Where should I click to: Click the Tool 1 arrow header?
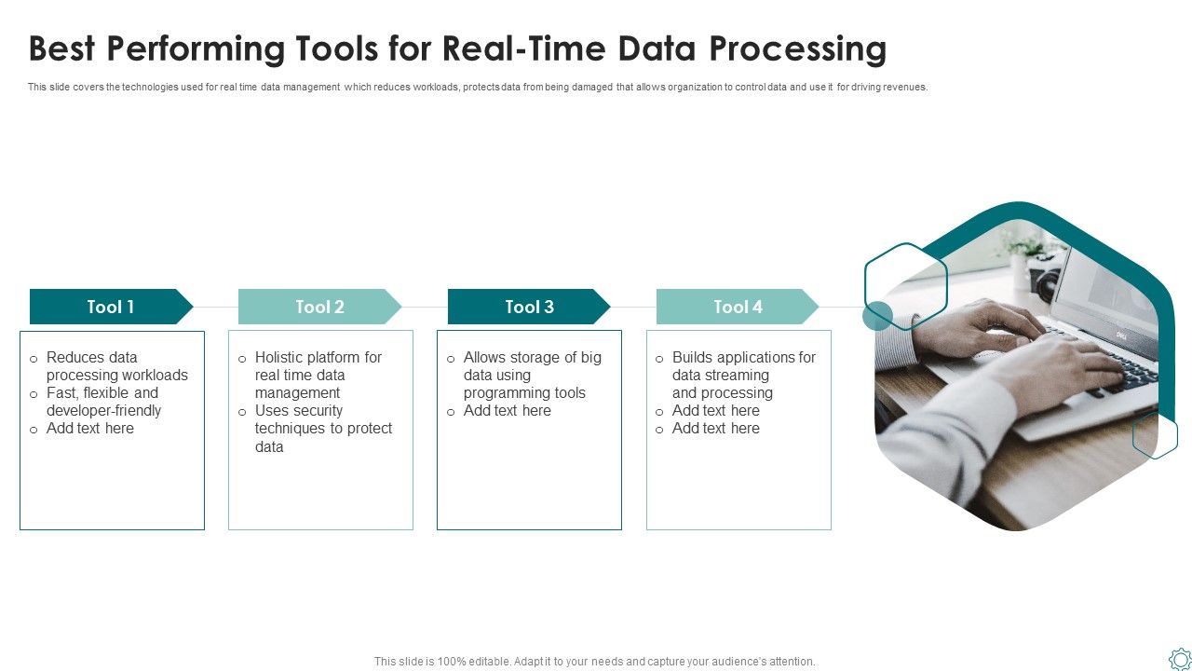coord(111,307)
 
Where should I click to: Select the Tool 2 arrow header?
coord(319,307)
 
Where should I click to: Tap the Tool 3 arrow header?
coord(529,307)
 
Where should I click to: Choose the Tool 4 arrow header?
coord(738,307)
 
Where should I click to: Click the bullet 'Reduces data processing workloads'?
coord(116,366)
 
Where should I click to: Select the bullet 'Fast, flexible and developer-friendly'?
coord(103,402)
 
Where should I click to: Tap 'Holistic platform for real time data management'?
coord(318,375)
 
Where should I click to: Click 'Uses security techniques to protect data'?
coord(322,429)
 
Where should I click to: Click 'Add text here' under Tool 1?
coord(90,429)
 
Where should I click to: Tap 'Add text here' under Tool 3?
coord(508,411)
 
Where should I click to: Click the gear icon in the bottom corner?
coord(1179,658)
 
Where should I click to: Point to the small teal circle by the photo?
coord(877,316)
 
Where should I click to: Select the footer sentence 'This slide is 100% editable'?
coord(594,662)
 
